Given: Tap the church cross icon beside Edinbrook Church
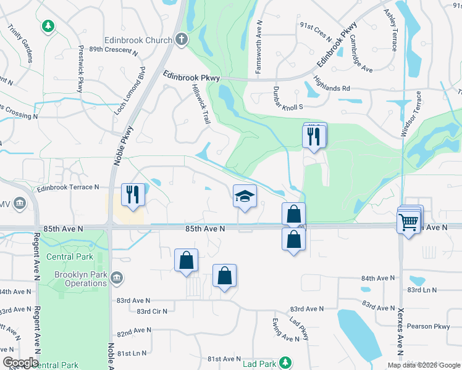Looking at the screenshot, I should click(x=181, y=40).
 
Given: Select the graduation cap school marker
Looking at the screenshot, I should click(x=245, y=197).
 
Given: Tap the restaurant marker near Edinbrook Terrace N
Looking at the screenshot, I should click(x=133, y=195).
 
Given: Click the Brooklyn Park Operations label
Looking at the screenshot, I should click(x=81, y=279).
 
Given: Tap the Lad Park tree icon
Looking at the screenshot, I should click(x=284, y=362).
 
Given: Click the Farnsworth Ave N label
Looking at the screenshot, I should click(x=259, y=47).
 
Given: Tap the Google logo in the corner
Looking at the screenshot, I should click(x=20, y=363).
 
